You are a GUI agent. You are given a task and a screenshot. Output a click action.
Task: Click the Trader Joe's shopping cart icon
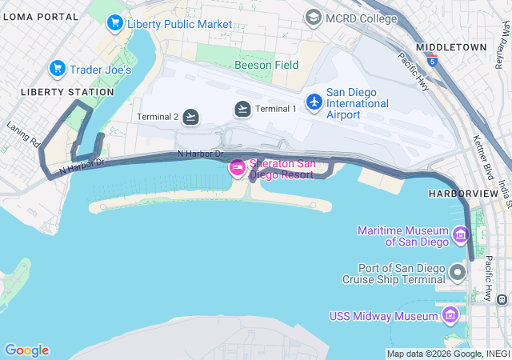point(57,69)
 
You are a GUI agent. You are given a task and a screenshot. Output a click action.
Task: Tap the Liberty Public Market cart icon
point(114,24)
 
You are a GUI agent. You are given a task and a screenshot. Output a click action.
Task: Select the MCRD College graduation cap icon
point(313,18)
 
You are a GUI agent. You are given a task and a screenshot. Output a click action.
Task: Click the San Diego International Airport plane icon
point(314,102)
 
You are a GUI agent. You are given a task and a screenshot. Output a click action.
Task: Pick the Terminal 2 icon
point(190,117)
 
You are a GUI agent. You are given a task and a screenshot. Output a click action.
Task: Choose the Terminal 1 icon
point(242,109)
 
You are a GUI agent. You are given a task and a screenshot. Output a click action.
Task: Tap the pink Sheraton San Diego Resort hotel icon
point(237,168)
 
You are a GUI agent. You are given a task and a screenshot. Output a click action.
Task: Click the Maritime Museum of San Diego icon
point(460,235)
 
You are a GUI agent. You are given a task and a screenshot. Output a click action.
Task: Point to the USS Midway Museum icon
point(451,315)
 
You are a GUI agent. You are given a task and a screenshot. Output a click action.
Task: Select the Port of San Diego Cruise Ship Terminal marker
point(458,273)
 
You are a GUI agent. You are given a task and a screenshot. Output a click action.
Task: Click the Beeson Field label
point(266,65)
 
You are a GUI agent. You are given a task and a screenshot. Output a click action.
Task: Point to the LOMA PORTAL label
point(40,16)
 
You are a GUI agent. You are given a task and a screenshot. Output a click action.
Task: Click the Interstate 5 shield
point(433,61)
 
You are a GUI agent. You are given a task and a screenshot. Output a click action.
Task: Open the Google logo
point(26,350)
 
